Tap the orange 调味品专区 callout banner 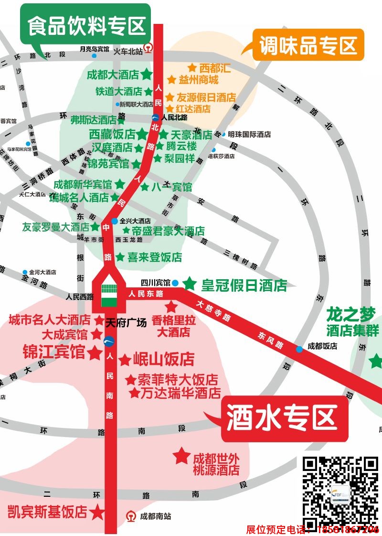(x=308, y=45)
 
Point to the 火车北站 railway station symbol (x=149, y=48)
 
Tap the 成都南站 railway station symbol (x=130, y=516)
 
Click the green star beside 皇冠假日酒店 (x=190, y=284)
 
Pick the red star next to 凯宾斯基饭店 (x=98, y=512)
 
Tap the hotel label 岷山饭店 (x=163, y=359)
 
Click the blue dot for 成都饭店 (x=299, y=349)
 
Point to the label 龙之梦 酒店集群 (x=352, y=322)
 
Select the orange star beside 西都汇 (x=192, y=68)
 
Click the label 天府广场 (x=126, y=322)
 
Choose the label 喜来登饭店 (x=154, y=257)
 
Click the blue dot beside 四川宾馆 (x=175, y=283)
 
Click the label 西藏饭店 (x=112, y=134)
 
